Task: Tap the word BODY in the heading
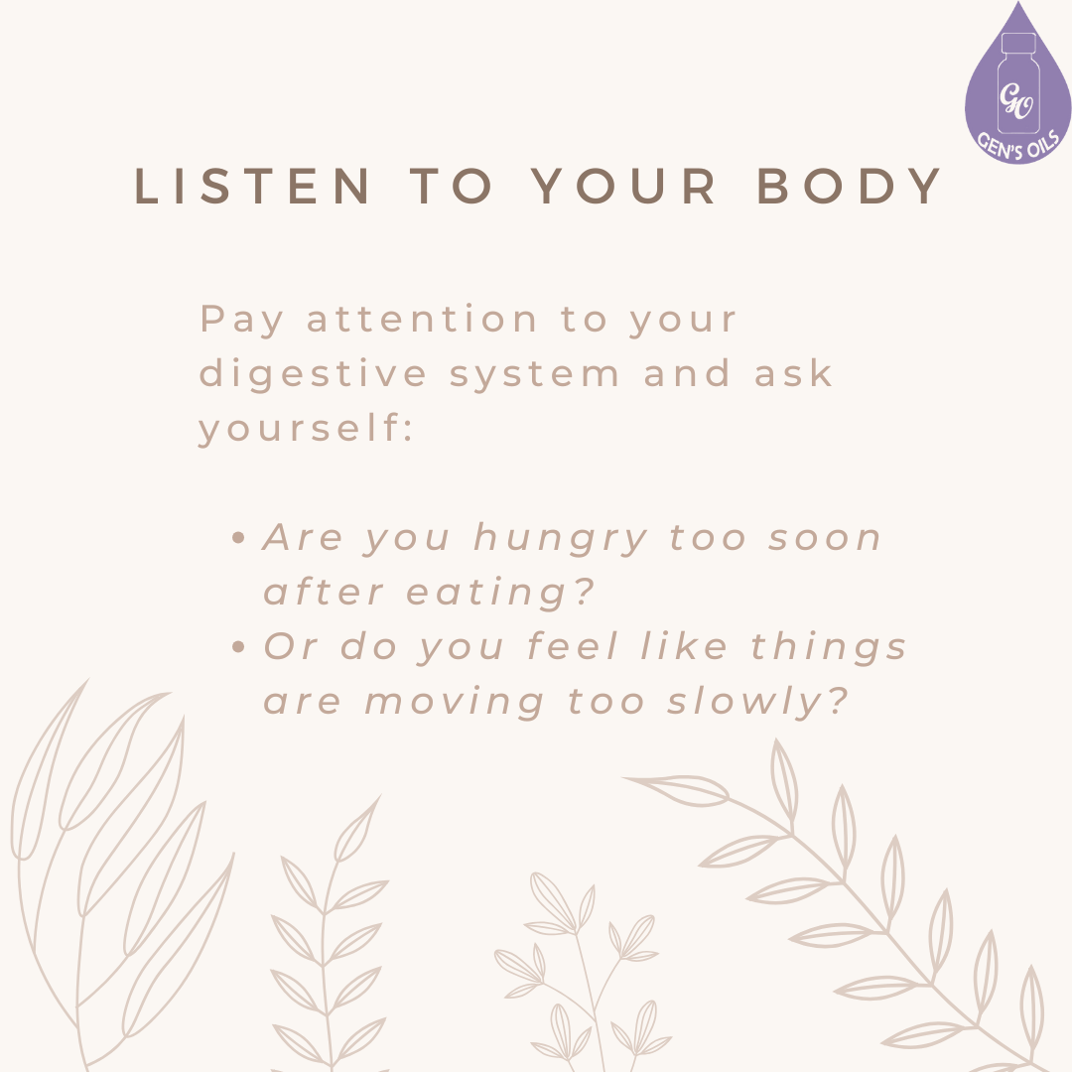click(850, 187)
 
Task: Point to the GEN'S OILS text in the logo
click(1023, 135)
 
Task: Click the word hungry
click(561, 539)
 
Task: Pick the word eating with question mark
click(501, 594)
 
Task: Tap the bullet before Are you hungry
click(237, 539)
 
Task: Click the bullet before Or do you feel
click(237, 647)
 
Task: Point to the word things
click(829, 647)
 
